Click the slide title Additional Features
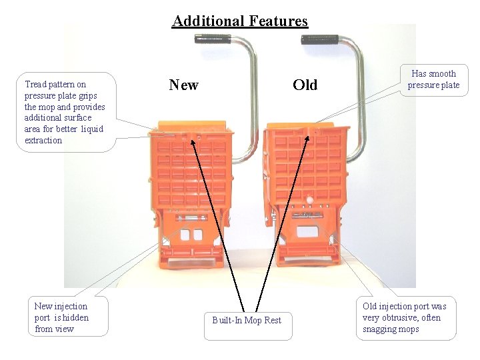[x=240, y=21]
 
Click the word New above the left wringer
[x=183, y=85]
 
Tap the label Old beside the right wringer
[x=305, y=85]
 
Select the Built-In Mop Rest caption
[x=247, y=321]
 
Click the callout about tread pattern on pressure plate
[x=65, y=112]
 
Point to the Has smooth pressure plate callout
[x=433, y=79]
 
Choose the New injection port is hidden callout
[x=61, y=317]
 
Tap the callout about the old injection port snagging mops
[x=405, y=317]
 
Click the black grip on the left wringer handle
[x=213, y=39]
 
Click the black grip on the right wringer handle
[x=320, y=39]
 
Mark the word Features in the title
[x=276, y=21]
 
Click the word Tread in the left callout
[x=35, y=85]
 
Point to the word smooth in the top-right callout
[x=442, y=74]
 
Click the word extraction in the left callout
[x=43, y=141]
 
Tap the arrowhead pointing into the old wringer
[x=307, y=139]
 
